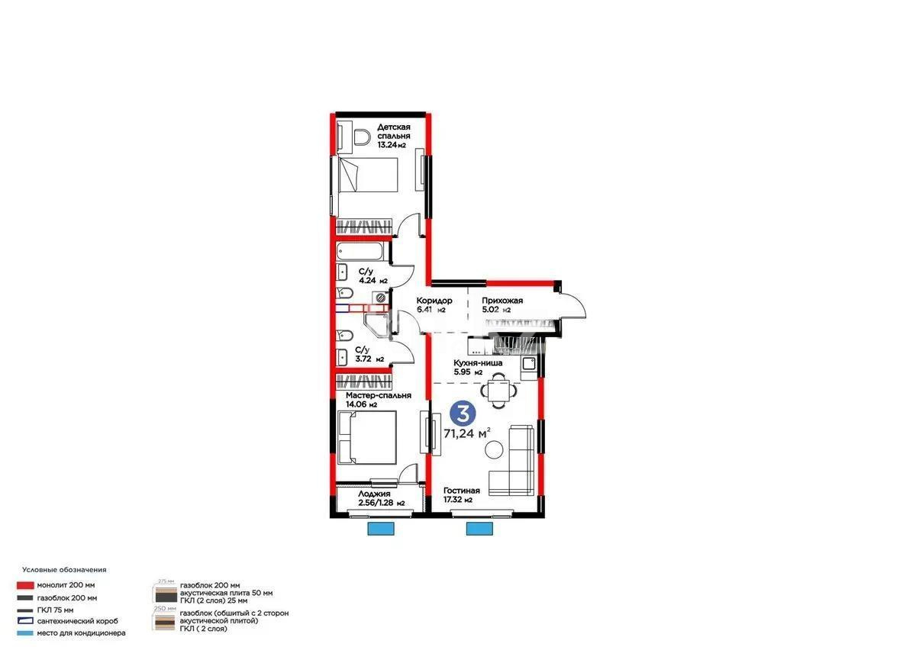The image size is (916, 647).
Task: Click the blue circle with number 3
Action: pyautogui.click(x=461, y=413)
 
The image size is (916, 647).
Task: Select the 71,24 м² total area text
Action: pyautogui.click(x=466, y=433)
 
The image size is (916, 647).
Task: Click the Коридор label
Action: pyautogui.click(x=434, y=301)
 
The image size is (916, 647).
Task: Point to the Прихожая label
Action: pyautogui.click(x=502, y=301)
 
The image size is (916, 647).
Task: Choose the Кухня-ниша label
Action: pyautogui.click(x=478, y=365)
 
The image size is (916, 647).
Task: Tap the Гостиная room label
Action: pyautogui.click(x=462, y=491)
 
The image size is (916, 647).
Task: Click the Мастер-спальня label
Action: pyautogui.click(x=378, y=396)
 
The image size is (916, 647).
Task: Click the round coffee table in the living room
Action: pyautogui.click(x=495, y=451)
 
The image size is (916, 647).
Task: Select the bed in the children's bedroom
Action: pyautogui.click(x=368, y=176)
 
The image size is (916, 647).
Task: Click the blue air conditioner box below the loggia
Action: pyautogui.click(x=380, y=529)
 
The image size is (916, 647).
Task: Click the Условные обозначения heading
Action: pyautogui.click(x=64, y=570)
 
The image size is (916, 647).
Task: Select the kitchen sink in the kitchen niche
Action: pyautogui.click(x=529, y=365)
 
